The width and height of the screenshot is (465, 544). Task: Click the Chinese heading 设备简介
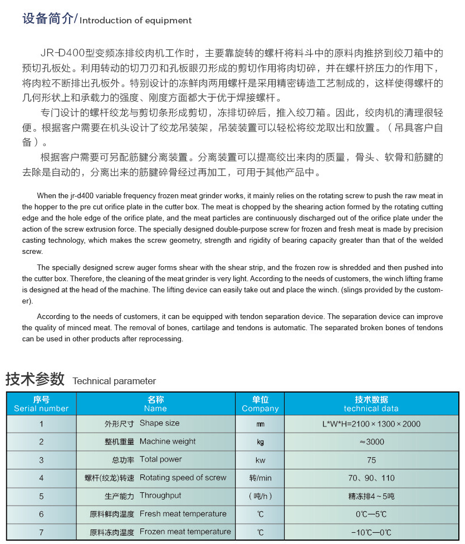click(x=47, y=19)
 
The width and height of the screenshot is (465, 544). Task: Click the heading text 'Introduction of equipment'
click(x=136, y=21)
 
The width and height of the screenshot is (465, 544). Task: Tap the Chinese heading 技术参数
click(x=35, y=379)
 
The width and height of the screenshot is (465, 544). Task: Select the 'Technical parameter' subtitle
click(x=114, y=381)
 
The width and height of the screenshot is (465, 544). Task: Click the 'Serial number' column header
click(x=41, y=404)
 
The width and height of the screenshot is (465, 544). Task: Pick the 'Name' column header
click(x=155, y=404)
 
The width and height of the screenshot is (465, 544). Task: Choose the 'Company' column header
click(x=260, y=404)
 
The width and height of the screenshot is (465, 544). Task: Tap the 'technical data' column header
click(x=371, y=404)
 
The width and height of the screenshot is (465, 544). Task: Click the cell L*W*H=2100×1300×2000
click(x=371, y=424)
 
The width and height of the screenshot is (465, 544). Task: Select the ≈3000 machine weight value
click(x=371, y=442)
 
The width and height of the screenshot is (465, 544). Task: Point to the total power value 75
click(x=371, y=460)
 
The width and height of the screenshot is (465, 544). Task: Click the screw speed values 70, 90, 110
click(x=371, y=478)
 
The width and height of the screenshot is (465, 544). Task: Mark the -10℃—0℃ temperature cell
click(x=371, y=532)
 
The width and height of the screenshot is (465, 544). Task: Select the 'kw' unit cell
click(x=260, y=460)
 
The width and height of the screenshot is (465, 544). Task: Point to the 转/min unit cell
click(x=260, y=478)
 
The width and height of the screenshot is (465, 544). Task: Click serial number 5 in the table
click(x=41, y=496)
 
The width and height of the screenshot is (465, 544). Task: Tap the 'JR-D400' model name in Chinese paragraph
click(x=61, y=53)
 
